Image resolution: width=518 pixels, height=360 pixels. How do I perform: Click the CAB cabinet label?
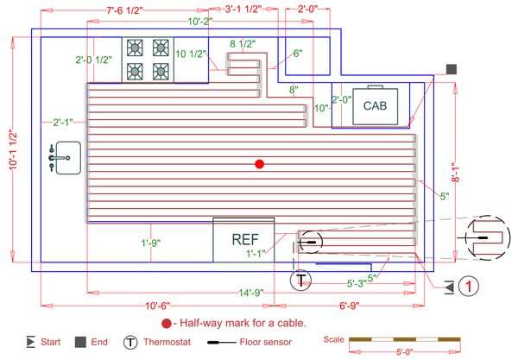pos(375,106)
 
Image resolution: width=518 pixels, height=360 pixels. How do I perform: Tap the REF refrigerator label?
pos(244,237)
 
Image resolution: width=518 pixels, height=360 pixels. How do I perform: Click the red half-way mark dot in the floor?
pos(259,163)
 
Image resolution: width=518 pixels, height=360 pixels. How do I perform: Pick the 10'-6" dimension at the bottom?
pos(160,306)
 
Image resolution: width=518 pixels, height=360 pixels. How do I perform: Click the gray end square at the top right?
pos(450,68)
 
